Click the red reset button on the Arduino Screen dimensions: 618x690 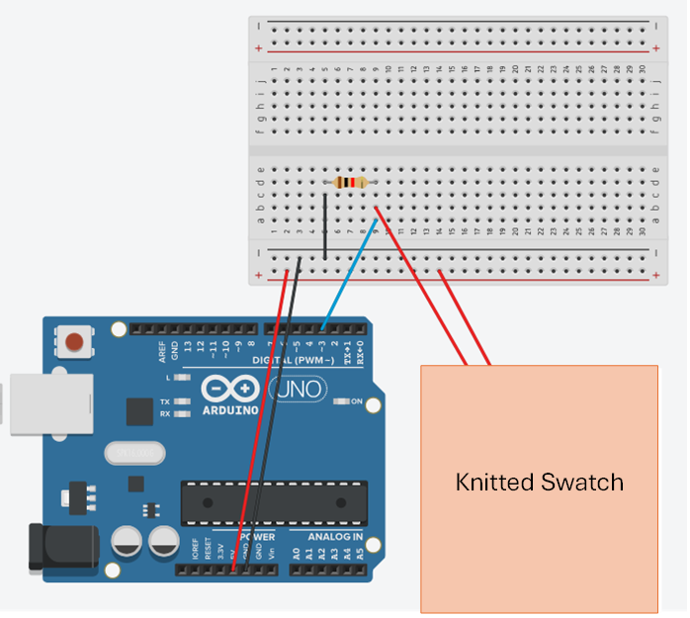tap(73, 343)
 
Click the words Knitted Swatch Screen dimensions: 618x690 tap(539, 483)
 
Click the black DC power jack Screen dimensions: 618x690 tap(62, 547)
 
